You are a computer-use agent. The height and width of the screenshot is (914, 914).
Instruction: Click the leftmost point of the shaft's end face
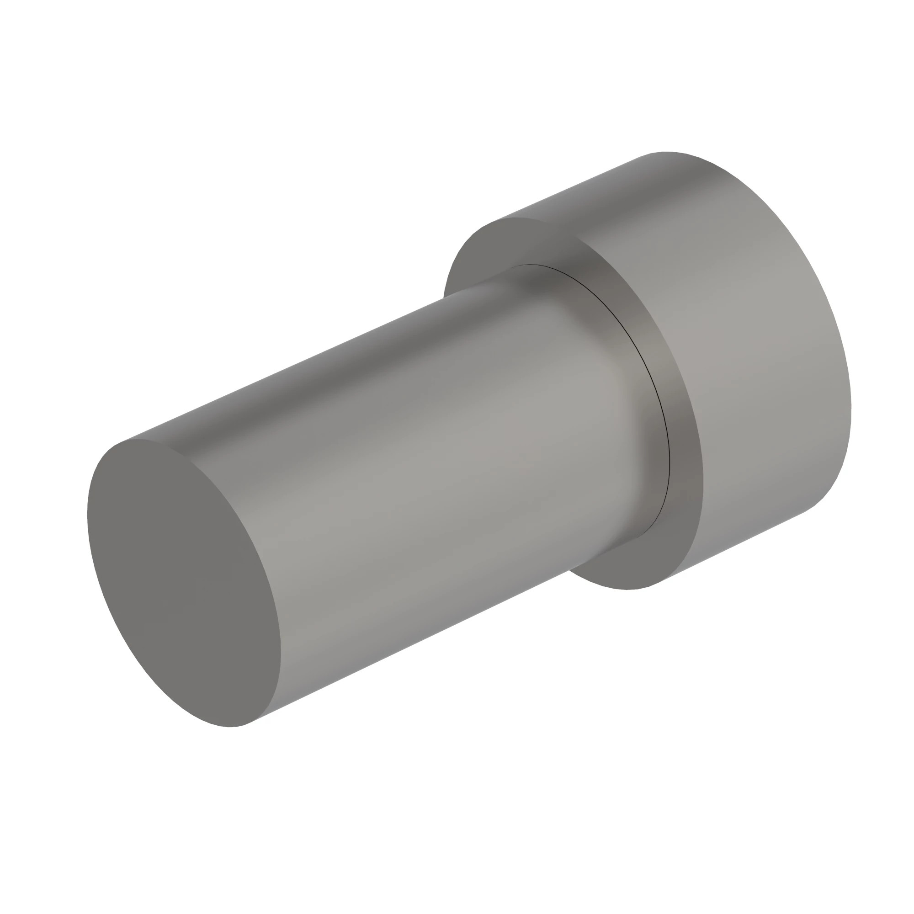click(88, 515)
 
